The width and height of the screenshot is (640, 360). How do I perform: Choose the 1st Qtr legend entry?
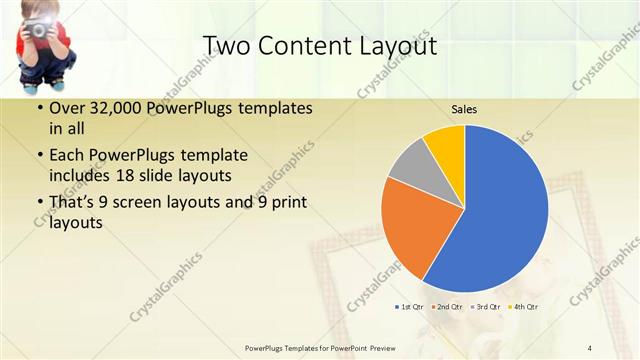[x=413, y=306]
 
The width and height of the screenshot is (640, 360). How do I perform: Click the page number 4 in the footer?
[x=590, y=347]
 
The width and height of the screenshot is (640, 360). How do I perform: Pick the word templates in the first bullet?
[x=263, y=107]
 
